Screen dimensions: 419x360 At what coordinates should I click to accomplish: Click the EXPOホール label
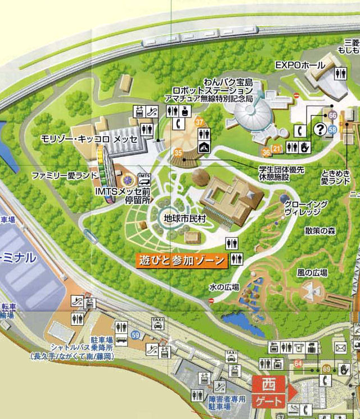pyautogui.click(x=300, y=66)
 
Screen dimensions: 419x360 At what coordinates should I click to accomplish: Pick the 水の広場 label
pyautogui.click(x=224, y=287)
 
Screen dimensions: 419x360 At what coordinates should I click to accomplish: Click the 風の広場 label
pyautogui.click(x=312, y=273)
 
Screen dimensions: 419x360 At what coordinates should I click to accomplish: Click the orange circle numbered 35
pyautogui.click(x=178, y=152)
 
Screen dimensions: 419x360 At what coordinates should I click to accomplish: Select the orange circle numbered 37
pyautogui.click(x=199, y=122)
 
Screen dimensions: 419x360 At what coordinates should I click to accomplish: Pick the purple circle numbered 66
pyautogui.click(x=332, y=115)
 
